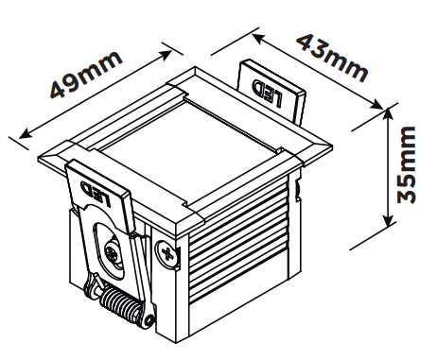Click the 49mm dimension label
[x=86, y=74]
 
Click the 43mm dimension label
[x=333, y=60]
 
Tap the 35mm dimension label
[x=407, y=164]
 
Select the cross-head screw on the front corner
[x=167, y=253]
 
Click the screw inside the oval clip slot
[x=113, y=252]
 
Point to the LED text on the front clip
[x=96, y=194]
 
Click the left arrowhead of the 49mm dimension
[x=25, y=133]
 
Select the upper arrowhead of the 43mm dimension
[x=258, y=38]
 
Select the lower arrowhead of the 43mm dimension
[x=376, y=104]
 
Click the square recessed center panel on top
[x=189, y=150]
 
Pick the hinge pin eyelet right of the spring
[x=149, y=320]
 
